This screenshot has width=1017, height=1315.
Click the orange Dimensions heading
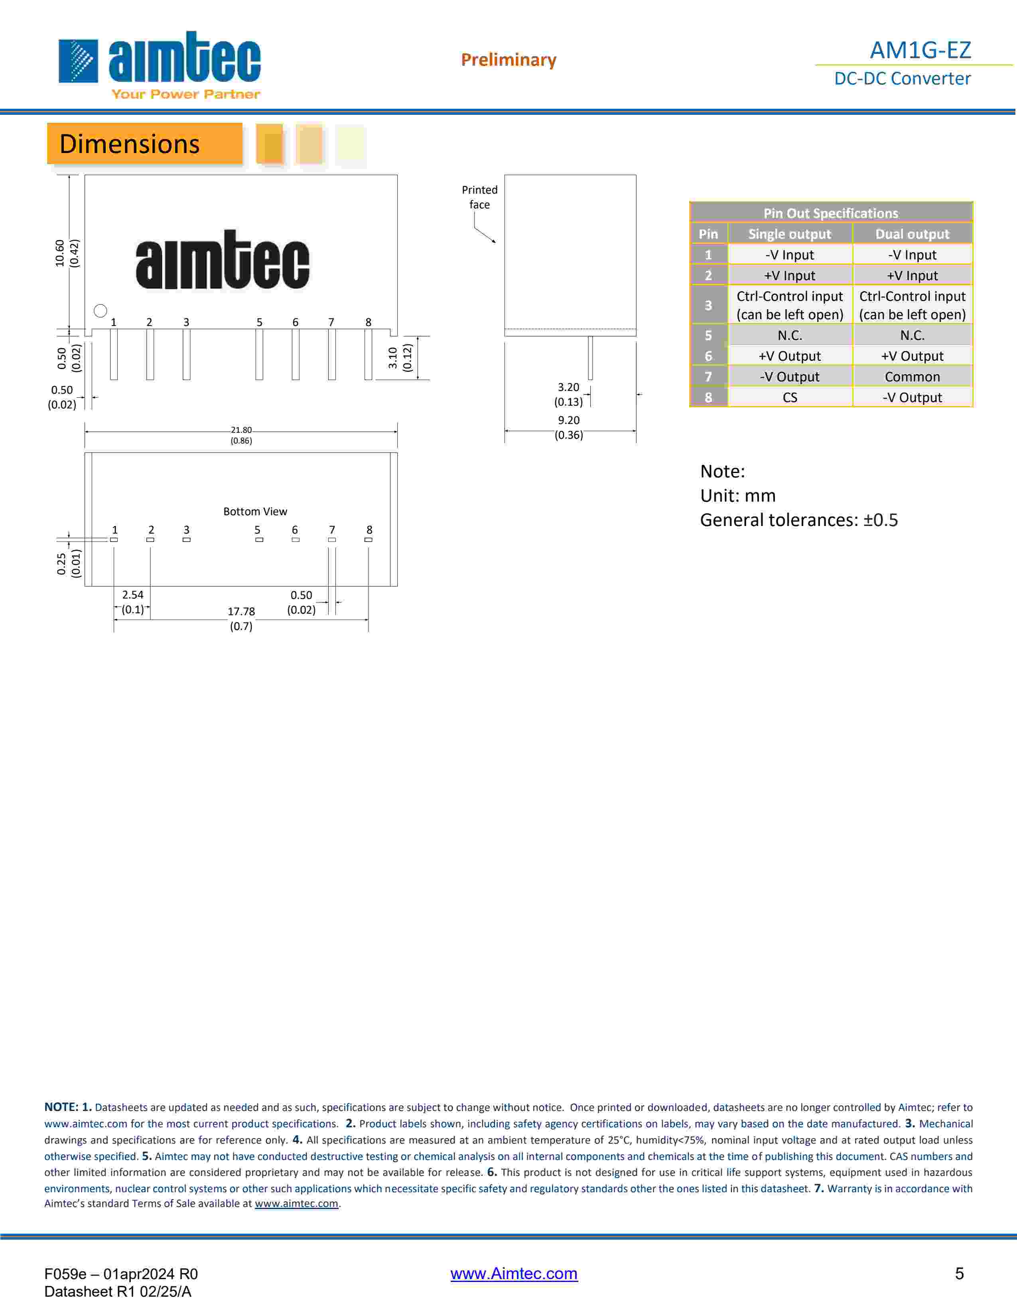coord(145,144)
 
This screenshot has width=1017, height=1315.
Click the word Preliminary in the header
coord(508,60)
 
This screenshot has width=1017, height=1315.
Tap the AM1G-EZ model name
coord(920,50)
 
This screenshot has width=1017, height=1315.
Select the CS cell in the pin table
coord(790,397)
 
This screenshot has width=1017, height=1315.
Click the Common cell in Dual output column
coord(912,377)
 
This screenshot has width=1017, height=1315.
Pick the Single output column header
coord(789,234)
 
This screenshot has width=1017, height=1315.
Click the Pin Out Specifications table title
coord(831,213)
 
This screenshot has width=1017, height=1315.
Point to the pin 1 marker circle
coord(101,311)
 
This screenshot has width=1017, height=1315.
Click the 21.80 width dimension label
coord(241,430)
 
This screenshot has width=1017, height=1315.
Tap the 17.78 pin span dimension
coord(241,611)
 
